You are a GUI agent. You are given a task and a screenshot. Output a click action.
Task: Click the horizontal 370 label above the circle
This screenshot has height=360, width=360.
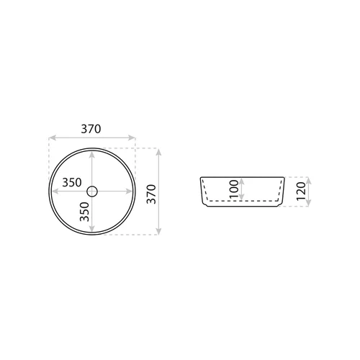(x=91, y=129)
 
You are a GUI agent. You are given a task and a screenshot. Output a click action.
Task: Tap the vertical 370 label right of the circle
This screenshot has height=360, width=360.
(x=151, y=194)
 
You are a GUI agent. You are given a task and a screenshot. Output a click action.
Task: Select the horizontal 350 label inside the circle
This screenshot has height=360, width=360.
(x=72, y=183)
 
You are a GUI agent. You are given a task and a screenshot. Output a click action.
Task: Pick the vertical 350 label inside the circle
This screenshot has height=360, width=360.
(x=84, y=212)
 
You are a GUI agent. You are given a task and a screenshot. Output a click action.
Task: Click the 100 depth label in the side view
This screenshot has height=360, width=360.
(x=234, y=189)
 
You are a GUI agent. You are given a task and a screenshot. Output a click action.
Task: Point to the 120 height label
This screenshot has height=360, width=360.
(x=301, y=192)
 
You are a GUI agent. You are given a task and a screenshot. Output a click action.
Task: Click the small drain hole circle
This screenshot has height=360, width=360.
(x=92, y=192)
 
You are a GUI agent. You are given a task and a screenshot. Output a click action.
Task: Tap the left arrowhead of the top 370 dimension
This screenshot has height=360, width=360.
(x=52, y=138)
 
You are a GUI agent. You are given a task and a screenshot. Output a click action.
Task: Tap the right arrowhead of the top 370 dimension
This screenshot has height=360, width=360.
(x=132, y=138)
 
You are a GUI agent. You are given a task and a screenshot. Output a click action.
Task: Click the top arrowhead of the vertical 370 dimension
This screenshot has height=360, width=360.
(x=158, y=152)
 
